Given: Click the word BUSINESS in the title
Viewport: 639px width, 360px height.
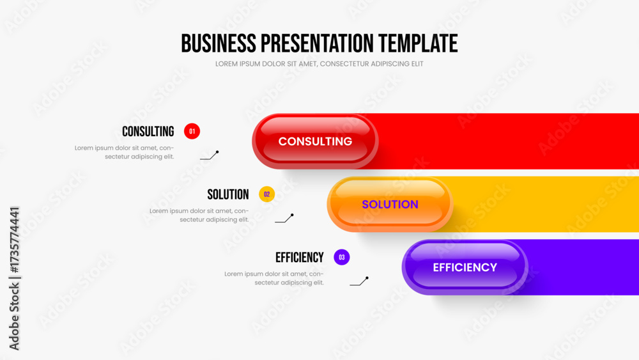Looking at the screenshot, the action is click(x=219, y=43).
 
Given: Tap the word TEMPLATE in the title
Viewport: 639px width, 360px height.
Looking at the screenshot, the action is click(x=418, y=43).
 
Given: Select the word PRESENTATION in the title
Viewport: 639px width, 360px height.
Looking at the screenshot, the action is click(x=317, y=43).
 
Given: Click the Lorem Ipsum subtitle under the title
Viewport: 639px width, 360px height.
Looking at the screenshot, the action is click(x=319, y=64).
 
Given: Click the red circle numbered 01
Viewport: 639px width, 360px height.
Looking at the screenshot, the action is click(x=192, y=131).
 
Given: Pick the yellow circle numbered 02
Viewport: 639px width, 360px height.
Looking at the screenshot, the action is click(x=267, y=194).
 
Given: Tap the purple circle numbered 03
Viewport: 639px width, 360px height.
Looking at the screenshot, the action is click(x=341, y=257).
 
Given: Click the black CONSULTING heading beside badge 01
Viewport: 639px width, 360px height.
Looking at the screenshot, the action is click(x=148, y=131).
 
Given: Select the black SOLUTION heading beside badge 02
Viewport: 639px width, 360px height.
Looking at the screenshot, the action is click(x=228, y=194).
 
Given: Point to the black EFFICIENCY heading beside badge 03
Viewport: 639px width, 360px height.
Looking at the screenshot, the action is click(x=300, y=258).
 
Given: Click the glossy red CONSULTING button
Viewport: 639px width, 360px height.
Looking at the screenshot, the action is click(x=315, y=141).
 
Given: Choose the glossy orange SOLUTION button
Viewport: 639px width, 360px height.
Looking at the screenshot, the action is click(x=390, y=204).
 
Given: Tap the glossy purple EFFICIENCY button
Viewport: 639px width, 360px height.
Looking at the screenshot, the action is click(x=465, y=267).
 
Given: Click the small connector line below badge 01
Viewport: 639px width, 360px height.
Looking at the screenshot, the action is click(x=210, y=155).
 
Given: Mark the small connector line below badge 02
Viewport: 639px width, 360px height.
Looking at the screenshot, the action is click(x=284, y=219).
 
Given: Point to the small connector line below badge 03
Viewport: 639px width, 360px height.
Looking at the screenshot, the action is click(x=359, y=281).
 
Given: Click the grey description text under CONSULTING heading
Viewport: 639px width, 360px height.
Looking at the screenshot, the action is click(x=125, y=152).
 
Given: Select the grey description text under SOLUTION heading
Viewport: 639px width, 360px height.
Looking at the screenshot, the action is click(x=199, y=215).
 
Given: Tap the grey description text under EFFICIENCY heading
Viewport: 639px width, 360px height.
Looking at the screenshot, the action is click(x=274, y=278).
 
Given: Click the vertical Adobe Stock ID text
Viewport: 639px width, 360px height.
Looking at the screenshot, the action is click(x=14, y=278).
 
